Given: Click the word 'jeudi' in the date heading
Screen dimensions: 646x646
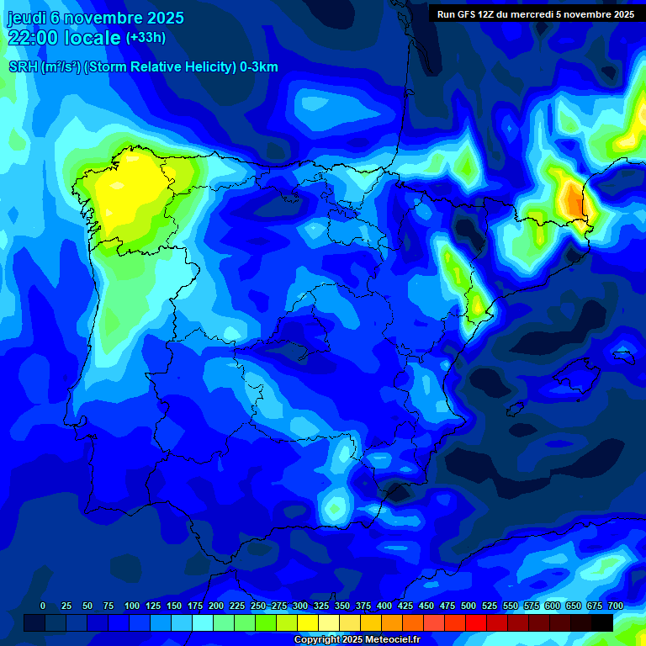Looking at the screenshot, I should [x=26, y=18].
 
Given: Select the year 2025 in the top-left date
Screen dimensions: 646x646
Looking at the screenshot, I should [x=165, y=18].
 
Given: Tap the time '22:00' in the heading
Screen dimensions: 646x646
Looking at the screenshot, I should [x=33, y=38].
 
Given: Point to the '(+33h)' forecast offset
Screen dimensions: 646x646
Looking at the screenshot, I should [x=146, y=38].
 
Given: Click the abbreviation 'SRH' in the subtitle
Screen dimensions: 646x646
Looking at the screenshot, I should [x=23, y=67].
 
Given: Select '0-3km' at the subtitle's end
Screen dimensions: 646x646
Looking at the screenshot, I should [x=259, y=67].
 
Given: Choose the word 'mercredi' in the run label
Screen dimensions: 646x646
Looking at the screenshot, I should [x=548, y=14].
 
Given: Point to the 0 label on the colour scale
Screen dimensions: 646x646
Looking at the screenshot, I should [x=43, y=606].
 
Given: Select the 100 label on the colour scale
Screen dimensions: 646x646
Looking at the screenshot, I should [x=132, y=606].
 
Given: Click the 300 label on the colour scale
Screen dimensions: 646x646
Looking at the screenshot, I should [x=300, y=606].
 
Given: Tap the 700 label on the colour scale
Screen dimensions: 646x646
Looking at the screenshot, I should [x=615, y=606].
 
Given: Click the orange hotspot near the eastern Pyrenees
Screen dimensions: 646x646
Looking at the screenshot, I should [x=574, y=200].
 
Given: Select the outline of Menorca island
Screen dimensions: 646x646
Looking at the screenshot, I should [x=623, y=357].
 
